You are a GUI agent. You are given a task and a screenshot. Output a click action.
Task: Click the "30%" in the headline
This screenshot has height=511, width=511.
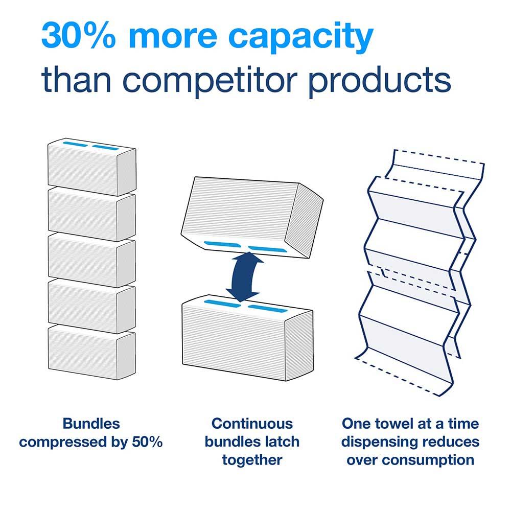79,36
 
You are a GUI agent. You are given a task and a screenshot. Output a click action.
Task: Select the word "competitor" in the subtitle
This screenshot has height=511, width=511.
210,80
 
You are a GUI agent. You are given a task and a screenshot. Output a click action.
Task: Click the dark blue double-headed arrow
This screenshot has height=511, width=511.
245,276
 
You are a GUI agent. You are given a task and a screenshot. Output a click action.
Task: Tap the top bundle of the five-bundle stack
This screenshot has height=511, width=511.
92,167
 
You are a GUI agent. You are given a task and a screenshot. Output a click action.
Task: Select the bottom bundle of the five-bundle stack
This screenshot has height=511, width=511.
92,352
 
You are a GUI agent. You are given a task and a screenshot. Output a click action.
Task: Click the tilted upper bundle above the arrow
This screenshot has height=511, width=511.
252,217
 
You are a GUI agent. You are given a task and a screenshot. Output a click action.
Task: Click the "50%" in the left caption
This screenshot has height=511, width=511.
147,442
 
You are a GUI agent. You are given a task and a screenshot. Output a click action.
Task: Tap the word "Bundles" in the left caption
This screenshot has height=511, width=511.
91,424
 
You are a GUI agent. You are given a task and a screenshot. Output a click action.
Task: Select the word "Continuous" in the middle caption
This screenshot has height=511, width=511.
252,424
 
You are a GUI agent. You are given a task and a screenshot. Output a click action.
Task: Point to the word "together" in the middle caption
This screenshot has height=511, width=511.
252,461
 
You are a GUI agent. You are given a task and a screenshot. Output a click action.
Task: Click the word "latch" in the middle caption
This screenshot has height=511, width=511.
282,442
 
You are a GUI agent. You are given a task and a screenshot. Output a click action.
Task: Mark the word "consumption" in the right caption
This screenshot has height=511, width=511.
428,461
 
